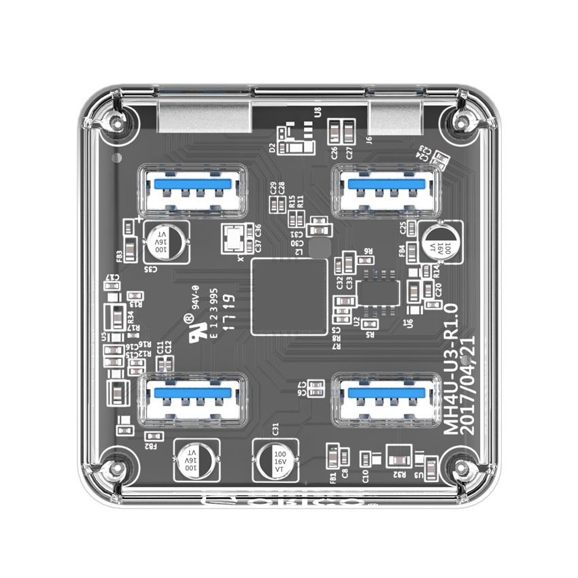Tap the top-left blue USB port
coord(193,190)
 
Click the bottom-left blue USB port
coord(192,399)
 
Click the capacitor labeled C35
coord(163,241)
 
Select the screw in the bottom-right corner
coord(463,469)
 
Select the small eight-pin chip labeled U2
coord(377,290)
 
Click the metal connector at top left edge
coord(205,115)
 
